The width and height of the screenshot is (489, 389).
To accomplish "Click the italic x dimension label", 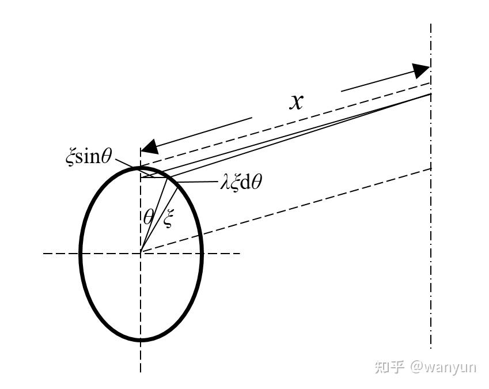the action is pos(296,102).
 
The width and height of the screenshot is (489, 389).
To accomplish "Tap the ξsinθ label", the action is pos(89,156).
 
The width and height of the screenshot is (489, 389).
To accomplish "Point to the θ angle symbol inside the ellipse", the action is pos(149,217).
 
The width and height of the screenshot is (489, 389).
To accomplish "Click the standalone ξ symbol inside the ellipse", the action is pos(168,218).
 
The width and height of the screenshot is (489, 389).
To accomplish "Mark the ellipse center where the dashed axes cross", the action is pos(141,252).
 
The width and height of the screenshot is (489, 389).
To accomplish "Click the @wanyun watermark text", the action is pos(443,367).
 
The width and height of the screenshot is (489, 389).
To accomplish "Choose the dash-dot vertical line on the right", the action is pos(431,259).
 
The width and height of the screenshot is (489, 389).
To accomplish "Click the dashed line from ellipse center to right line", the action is pos(288,210).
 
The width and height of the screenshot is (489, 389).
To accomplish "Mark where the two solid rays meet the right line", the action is pos(430,94).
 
